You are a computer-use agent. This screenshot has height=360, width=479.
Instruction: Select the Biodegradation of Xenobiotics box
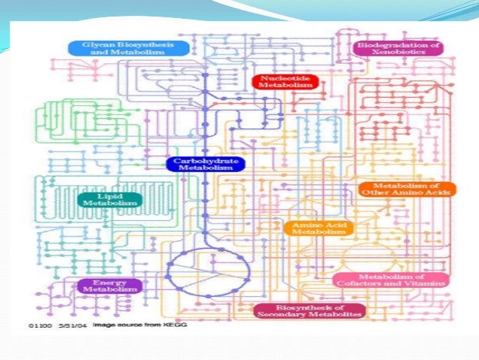click(x=398, y=49)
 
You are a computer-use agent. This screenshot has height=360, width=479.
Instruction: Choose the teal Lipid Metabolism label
click(x=108, y=199)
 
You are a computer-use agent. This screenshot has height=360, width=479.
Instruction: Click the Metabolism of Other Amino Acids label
click(x=406, y=189)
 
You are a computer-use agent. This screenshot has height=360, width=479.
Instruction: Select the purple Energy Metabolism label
click(x=110, y=285)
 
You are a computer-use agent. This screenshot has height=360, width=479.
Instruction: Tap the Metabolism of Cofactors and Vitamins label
click(x=390, y=280)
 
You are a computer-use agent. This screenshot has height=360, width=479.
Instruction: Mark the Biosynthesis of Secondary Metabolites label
click(x=309, y=311)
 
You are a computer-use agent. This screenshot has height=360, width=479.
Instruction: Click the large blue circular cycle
click(x=206, y=267)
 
